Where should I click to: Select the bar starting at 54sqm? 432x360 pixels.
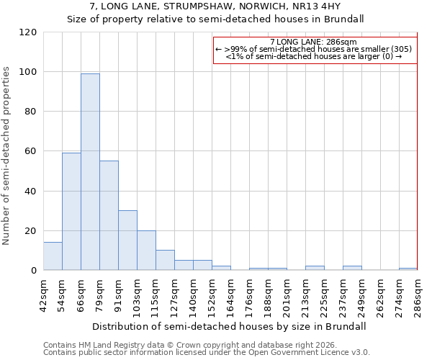point(71,212)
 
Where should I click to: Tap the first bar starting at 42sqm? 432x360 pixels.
point(53,256)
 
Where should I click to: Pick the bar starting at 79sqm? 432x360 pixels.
point(109,215)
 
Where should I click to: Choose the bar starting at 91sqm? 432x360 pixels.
point(127,240)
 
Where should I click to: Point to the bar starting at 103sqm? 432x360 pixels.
point(146,251)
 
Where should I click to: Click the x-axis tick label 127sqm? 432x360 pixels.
point(174,293)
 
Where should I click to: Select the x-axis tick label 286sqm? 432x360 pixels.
point(418,293)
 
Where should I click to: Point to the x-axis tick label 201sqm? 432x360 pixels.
point(287,293)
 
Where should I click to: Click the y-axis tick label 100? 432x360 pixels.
point(28,72)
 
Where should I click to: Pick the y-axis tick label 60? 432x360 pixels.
point(31,151)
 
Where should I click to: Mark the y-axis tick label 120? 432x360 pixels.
point(28,32)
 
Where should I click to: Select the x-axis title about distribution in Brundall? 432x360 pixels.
point(230,326)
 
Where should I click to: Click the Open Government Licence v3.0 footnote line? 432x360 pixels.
point(207,352)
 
